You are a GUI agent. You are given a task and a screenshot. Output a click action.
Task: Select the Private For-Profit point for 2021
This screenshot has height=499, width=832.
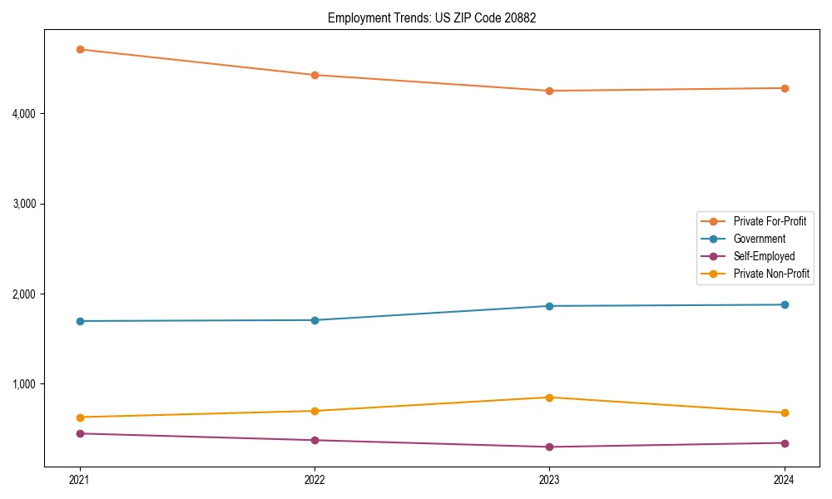tap(80, 49)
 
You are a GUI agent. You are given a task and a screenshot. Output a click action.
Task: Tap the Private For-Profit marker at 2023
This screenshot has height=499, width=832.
tap(549, 91)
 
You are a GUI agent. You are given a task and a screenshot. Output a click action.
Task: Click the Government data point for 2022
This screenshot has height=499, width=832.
tap(314, 320)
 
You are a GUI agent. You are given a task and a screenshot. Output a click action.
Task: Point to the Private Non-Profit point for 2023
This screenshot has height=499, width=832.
tap(549, 398)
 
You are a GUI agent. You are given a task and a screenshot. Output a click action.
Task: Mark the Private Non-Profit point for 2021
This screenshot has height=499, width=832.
tap(80, 417)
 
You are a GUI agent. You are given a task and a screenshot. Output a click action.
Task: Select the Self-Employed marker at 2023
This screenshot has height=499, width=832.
tap(549, 447)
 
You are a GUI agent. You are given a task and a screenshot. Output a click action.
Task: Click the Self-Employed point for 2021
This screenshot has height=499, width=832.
tap(80, 433)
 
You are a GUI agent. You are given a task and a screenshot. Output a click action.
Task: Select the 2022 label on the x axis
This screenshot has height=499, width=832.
tap(314, 480)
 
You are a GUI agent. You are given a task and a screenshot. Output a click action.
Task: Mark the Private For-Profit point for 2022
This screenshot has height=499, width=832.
tap(314, 75)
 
